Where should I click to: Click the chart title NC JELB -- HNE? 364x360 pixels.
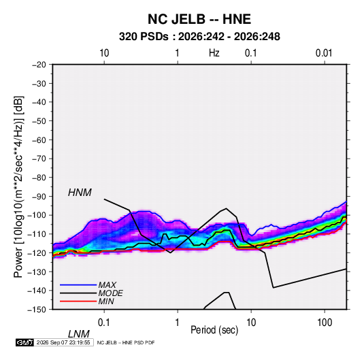199,19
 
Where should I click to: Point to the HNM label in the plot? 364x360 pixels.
80,193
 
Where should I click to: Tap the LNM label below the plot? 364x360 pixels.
78,334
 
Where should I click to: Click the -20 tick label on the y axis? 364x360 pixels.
39,65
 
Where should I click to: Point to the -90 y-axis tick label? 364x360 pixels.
39,197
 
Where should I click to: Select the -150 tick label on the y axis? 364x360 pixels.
37,310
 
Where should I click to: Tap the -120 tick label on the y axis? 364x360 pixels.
37,252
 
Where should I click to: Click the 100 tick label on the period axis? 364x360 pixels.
324,322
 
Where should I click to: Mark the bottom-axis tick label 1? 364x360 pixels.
178,322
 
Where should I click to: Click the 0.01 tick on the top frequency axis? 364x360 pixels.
324,53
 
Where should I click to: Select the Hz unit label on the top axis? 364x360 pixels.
214,53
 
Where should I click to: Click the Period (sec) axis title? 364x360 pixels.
214,330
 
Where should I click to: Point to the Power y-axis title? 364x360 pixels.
19,186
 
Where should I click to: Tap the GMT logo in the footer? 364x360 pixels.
25,342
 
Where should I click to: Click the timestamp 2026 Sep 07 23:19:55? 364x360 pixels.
63,342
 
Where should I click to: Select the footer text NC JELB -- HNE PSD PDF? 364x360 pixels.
126,342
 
